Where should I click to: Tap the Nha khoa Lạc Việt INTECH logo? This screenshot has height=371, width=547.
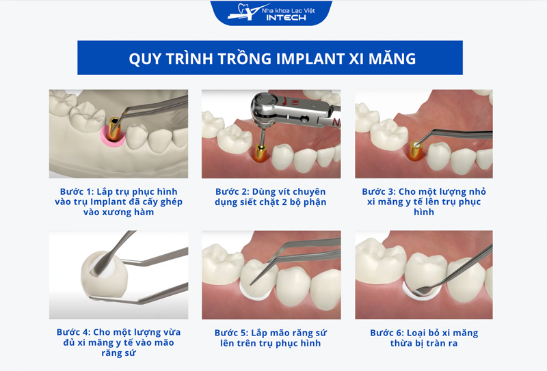click(271, 13)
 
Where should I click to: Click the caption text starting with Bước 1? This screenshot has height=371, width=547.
click(118, 202)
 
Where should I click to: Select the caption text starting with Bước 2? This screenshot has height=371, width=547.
click(271, 197)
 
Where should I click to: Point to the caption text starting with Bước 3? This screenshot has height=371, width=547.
click(424, 202)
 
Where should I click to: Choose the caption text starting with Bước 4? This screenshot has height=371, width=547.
click(118, 342)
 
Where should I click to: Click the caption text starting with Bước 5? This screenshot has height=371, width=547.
click(271, 338)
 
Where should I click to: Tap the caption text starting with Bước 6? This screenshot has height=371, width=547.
click(424, 338)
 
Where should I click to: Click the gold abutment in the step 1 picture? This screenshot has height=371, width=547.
click(114, 129)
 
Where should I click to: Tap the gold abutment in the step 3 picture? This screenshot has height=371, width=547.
click(415, 150)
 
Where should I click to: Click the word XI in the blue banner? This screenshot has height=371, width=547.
click(356, 59)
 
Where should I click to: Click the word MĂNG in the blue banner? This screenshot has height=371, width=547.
click(392, 58)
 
